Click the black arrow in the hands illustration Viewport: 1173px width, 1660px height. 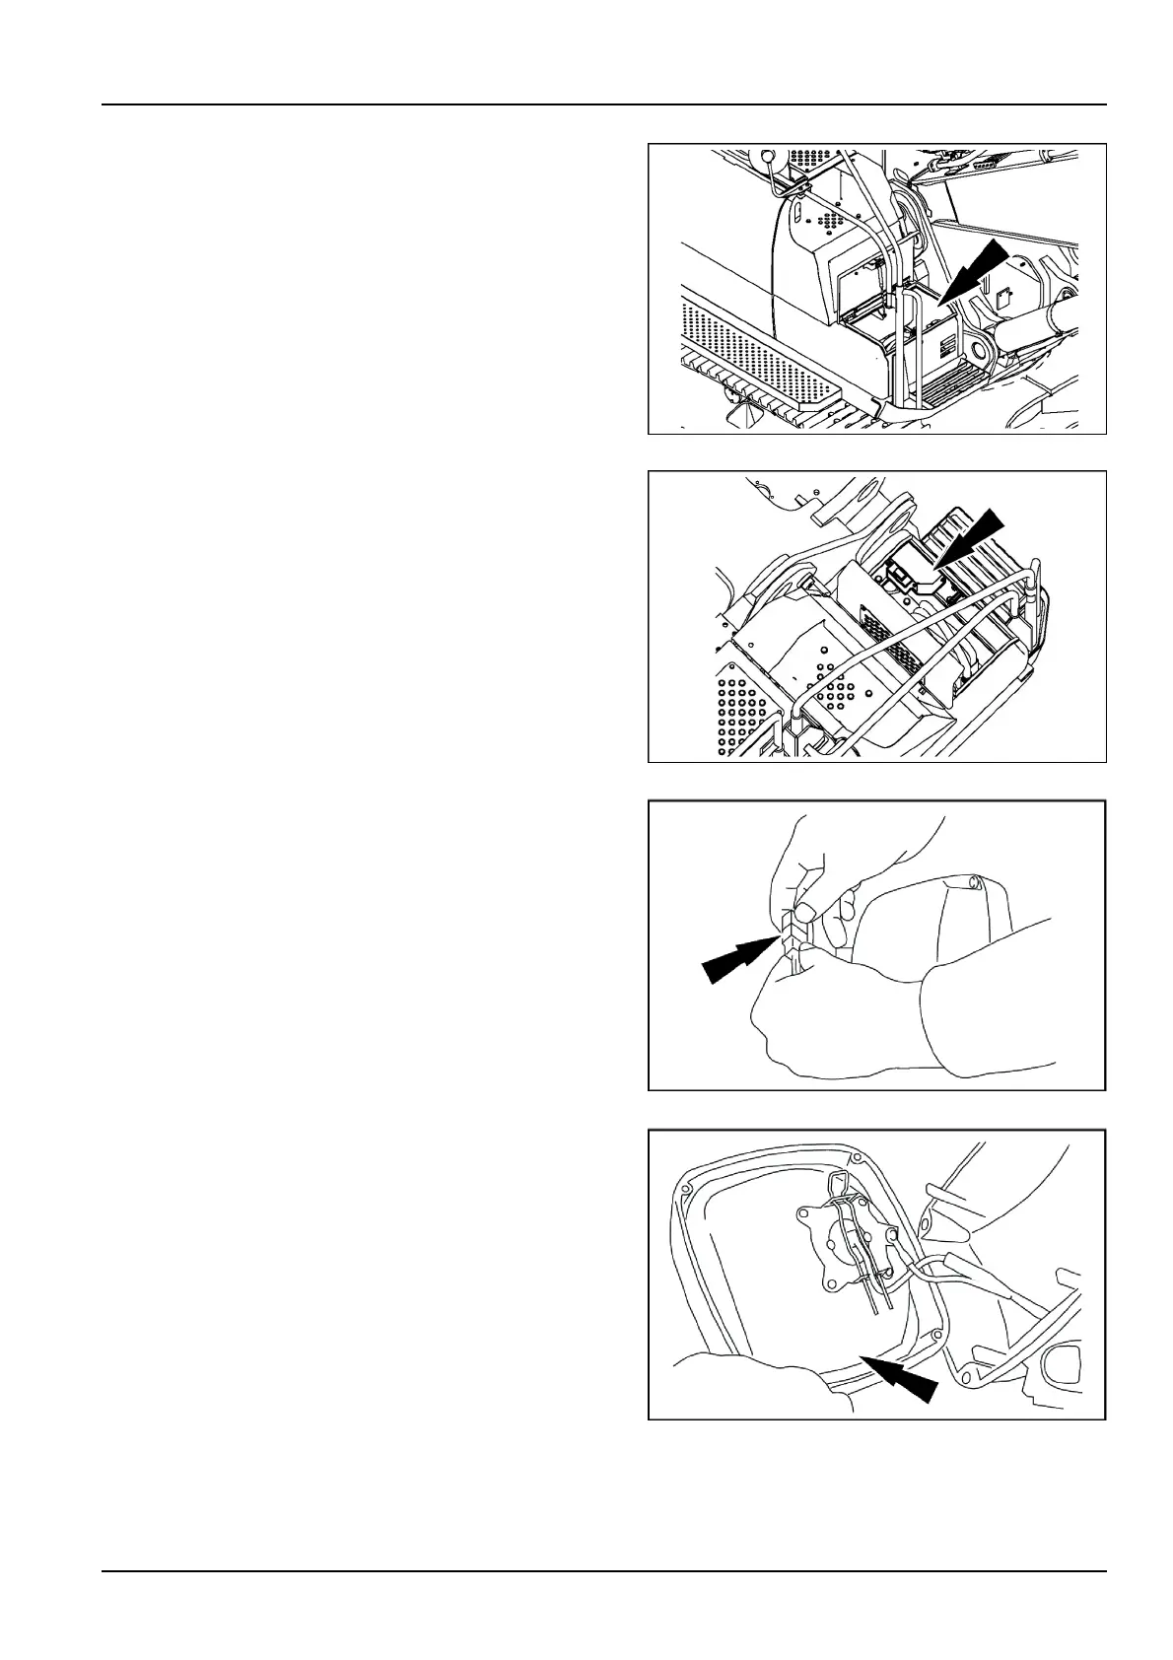point(735,959)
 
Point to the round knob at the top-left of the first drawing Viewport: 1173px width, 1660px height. point(767,156)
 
